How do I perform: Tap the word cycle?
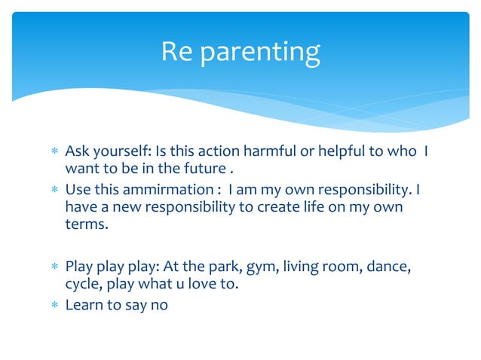tap(82, 285)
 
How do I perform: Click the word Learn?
tap(83, 305)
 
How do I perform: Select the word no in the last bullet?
tap(159, 305)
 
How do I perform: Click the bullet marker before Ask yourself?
tap(54, 151)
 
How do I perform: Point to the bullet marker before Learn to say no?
tap(54, 306)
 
